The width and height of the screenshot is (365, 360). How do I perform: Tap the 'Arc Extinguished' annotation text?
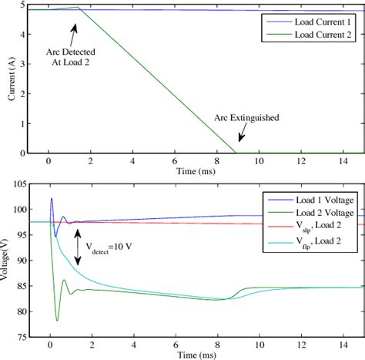(247, 119)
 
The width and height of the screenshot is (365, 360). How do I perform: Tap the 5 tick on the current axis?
(22, 5)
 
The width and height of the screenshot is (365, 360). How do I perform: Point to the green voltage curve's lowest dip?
(57, 320)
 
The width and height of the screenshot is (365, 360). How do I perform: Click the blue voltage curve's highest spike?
(51, 199)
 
